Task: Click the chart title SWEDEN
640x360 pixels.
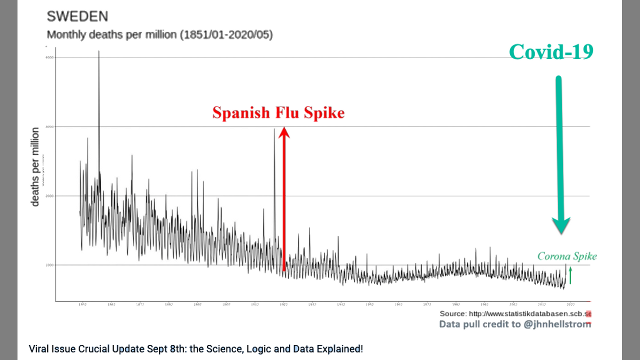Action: pyautogui.click(x=77, y=16)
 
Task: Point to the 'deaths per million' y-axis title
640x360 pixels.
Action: pyautogui.click(x=35, y=166)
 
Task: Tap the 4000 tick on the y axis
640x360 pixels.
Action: pyautogui.click(x=49, y=57)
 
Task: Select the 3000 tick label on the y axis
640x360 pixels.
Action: pyautogui.click(x=49, y=126)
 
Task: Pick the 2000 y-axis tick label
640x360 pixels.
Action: pyautogui.click(x=49, y=196)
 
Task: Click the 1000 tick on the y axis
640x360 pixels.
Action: pyautogui.click(x=49, y=265)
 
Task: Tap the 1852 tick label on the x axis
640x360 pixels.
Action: pyautogui.click(x=82, y=304)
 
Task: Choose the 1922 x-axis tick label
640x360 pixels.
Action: pyautogui.click(x=283, y=304)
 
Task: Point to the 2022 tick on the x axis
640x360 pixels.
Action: pyautogui.click(x=570, y=304)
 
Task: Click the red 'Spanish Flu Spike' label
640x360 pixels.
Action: pyautogui.click(x=278, y=112)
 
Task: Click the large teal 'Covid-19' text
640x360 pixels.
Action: pyautogui.click(x=551, y=52)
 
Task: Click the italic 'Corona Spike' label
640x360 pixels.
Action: pyautogui.click(x=567, y=256)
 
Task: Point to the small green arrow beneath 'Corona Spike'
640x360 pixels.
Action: pyautogui.click(x=570, y=275)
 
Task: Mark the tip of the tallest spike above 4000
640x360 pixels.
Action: pyautogui.click(x=98, y=51)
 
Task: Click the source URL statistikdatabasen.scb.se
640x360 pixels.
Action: pyautogui.click(x=530, y=314)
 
